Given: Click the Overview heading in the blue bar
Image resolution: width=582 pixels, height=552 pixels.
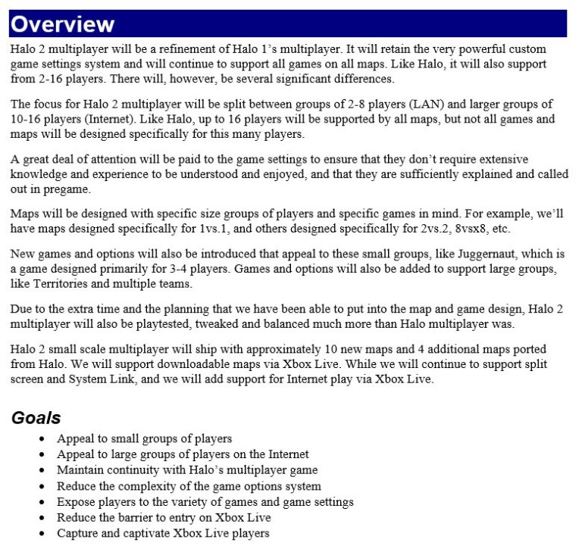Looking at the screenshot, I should coord(62,24).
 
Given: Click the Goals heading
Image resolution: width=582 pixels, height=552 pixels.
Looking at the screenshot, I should coord(36,418).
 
